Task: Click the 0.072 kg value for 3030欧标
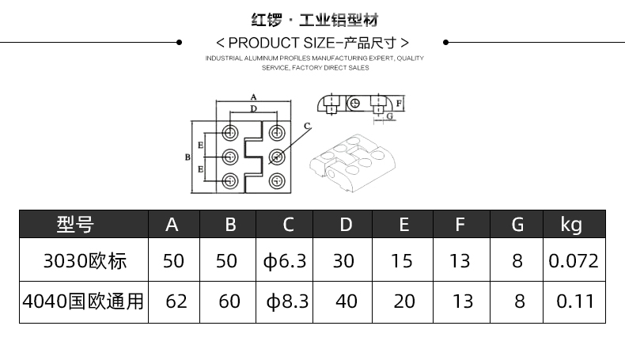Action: click(574, 260)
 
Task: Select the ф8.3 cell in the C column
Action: click(286, 301)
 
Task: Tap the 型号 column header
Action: click(75, 225)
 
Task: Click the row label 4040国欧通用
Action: click(83, 301)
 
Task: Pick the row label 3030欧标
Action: click(85, 260)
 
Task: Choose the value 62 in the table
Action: click(176, 301)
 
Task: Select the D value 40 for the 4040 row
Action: click(346, 301)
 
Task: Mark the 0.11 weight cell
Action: click(574, 301)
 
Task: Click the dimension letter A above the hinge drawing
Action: click(252, 98)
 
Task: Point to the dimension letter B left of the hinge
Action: click(187, 157)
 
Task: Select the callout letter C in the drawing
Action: click(307, 125)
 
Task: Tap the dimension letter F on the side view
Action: click(400, 104)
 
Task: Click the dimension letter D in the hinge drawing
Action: click(253, 108)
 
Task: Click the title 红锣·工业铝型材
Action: click(312, 19)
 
